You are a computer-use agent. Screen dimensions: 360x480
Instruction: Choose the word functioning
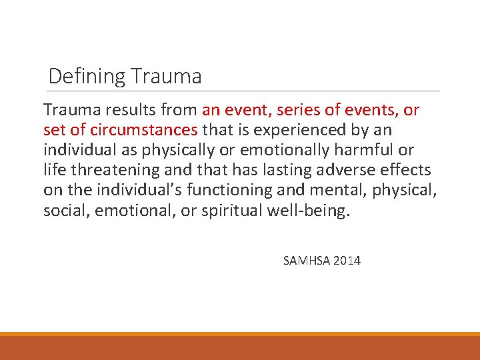coord(230,189)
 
